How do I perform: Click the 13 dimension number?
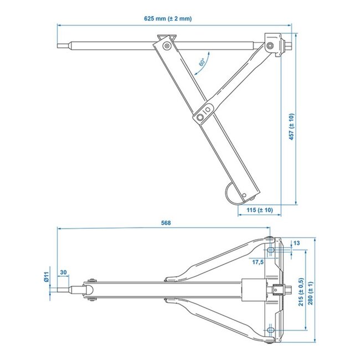click(x=297, y=243)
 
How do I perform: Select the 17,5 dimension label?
click(x=258, y=261)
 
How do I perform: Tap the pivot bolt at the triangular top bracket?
click(x=164, y=46)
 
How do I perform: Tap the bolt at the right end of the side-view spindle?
click(x=270, y=45)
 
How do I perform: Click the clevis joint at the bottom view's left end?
click(x=90, y=289)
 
